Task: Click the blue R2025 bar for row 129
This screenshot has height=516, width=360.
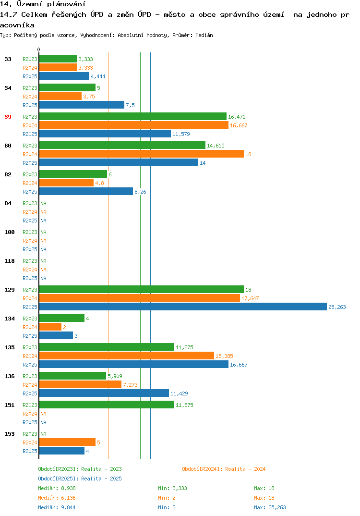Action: [x=183, y=307]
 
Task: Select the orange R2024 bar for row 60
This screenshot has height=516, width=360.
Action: [x=142, y=154]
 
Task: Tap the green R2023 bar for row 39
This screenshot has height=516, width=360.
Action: [x=133, y=116]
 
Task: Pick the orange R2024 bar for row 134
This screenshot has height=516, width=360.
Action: [x=50, y=327]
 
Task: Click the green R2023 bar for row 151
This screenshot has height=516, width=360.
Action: [x=107, y=405]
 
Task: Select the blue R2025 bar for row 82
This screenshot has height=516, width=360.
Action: [x=86, y=191]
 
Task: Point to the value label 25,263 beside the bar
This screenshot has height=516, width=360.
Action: [x=337, y=307]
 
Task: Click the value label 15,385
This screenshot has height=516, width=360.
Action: [x=224, y=356]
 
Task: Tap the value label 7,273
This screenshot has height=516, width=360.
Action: [x=130, y=385]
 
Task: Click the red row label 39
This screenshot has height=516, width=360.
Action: [x=8, y=117]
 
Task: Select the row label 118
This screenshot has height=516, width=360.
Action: [x=10, y=261]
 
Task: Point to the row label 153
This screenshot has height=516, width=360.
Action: [x=10, y=434]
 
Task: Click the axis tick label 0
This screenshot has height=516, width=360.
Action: [x=39, y=49]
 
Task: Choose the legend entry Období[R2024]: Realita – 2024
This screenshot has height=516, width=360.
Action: [x=224, y=469]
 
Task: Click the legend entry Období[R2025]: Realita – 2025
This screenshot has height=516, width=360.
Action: [x=80, y=479]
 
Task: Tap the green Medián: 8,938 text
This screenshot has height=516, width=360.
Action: [x=57, y=488]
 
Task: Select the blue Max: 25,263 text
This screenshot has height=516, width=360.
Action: [x=270, y=507]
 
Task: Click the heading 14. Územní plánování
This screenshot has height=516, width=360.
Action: [x=43, y=4]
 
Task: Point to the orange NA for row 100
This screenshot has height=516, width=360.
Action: [x=43, y=241]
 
